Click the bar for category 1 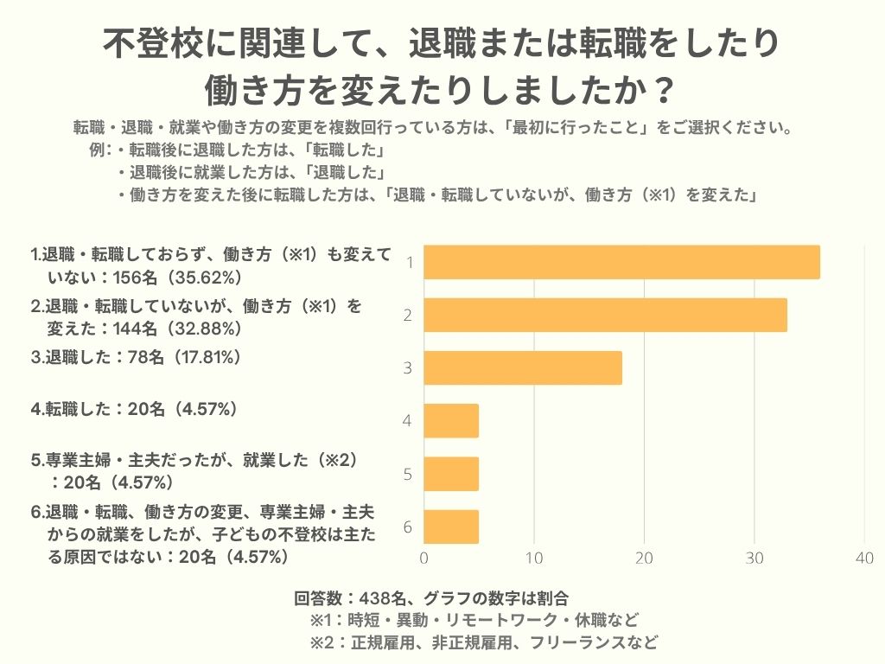pos(621,262)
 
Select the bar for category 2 pos(605,315)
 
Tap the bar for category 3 pos(523,367)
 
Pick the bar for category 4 pos(451,420)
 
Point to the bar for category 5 pos(451,473)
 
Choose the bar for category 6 pos(451,526)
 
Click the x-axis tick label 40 pos(864,559)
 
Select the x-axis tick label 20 pos(644,559)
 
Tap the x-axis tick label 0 pos(423,559)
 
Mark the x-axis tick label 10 pos(534,559)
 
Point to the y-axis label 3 pos(407,368)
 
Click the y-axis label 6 pos(407,527)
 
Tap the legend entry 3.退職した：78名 pos(135,356)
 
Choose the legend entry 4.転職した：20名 pos(133,409)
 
